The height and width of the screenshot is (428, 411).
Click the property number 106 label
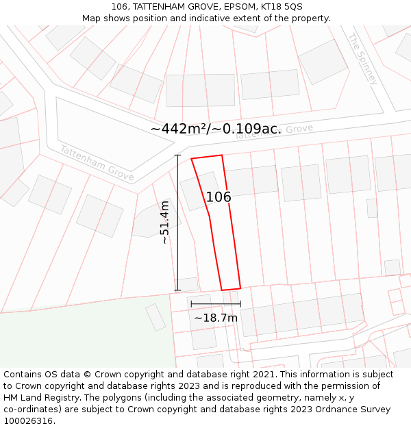pyautogui.click(x=219, y=197)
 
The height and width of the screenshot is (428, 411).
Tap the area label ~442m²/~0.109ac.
pyautogui.click(x=216, y=129)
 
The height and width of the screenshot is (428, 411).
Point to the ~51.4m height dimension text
pyautogui.click(x=165, y=223)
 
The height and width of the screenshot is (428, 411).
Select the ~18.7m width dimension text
pyautogui.click(x=216, y=318)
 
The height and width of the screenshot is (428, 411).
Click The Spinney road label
pyautogui.click(x=362, y=59)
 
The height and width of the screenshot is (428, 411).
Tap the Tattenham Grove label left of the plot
pyautogui.click(x=96, y=163)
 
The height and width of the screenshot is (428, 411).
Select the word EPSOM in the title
pyautogui.click(x=232, y=6)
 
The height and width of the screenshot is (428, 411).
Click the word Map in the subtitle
pyautogui.click(x=92, y=18)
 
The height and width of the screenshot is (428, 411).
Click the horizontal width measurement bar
pyautogui.click(x=216, y=304)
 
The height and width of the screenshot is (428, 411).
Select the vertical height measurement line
pyautogui.click(x=177, y=223)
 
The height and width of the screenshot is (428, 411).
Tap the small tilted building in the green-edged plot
pyautogui.click(x=155, y=317)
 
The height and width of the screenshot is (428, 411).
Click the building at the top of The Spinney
pyautogui.click(x=323, y=62)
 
